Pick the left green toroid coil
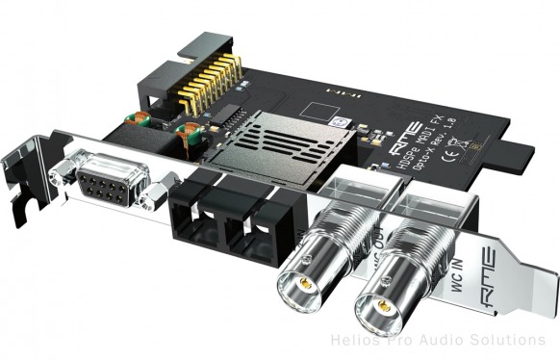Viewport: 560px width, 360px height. [139, 120]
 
